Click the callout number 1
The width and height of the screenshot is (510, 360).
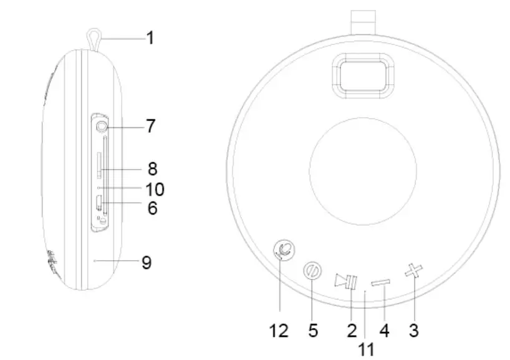pyautogui.click(x=150, y=38)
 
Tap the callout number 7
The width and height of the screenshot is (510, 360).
pyautogui.click(x=150, y=126)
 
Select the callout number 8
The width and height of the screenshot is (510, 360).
pyautogui.click(x=152, y=168)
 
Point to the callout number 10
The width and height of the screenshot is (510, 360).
pyautogui.click(x=155, y=188)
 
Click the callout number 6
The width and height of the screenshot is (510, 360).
pyautogui.click(x=152, y=208)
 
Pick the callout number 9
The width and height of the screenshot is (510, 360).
pyautogui.click(x=147, y=263)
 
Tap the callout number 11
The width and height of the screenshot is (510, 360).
pyautogui.click(x=367, y=349)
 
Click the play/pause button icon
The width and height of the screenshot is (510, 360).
pyautogui.click(x=345, y=281)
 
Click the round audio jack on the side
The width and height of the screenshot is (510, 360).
pyautogui.click(x=102, y=126)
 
